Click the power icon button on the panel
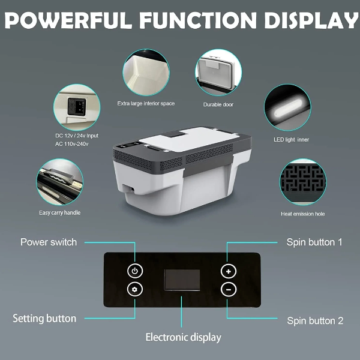(x=135, y=271)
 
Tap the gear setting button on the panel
(x=135, y=289)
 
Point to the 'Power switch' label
(x=49, y=242)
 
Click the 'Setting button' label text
(x=44, y=318)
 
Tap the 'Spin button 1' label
(x=314, y=242)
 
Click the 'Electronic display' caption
(x=183, y=337)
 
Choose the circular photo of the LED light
(x=287, y=108)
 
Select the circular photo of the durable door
(x=218, y=73)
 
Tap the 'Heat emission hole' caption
(x=303, y=214)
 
